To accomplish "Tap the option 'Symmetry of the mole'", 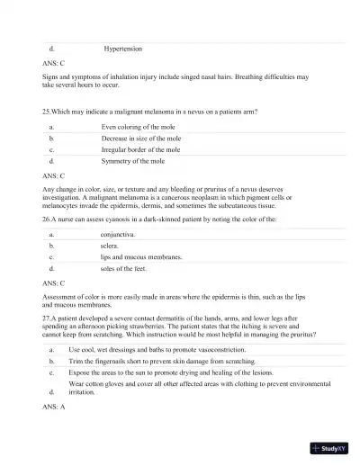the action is pyautogui.click(x=132, y=161).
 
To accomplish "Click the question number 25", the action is pyautogui.click(x=47, y=112).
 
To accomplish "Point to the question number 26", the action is pyautogui.click(x=47, y=219).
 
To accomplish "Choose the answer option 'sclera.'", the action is pyautogui.click(x=111, y=245).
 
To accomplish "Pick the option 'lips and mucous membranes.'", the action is pyautogui.click(x=141, y=256).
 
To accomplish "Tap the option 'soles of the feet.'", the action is pyautogui.click(x=125, y=268).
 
